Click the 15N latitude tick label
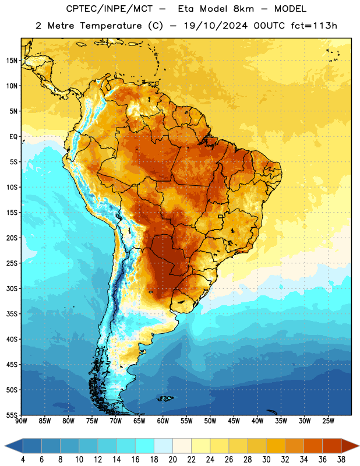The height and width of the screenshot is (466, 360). pos(12,61)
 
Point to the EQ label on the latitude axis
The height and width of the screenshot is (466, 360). pos(13,137)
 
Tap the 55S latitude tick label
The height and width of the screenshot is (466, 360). pos(12,415)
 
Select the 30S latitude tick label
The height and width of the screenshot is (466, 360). pos(12,288)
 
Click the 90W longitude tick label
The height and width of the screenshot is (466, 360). pos(21,421)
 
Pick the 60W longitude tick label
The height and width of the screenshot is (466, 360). pos(163,421)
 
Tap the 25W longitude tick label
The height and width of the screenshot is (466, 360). pos(328,421)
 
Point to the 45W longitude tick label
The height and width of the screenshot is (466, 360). pos(234,421)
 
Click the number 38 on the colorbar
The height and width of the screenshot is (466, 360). pos(341,460)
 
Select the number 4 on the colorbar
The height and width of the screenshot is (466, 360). pos(23,460)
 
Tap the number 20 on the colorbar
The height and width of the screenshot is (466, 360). pos(172,460)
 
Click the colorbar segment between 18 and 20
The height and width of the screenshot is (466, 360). pos(163,446)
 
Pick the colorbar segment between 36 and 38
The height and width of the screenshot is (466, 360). pos(332,446)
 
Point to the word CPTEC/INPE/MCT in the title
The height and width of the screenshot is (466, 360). pos(109,9)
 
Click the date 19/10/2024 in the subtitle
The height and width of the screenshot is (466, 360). pos(216,26)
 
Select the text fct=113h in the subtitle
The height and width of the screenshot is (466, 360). pos(314,26)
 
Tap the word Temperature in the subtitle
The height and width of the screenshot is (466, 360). pos(111,26)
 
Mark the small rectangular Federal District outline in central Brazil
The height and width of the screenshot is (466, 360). pos(221,216)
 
